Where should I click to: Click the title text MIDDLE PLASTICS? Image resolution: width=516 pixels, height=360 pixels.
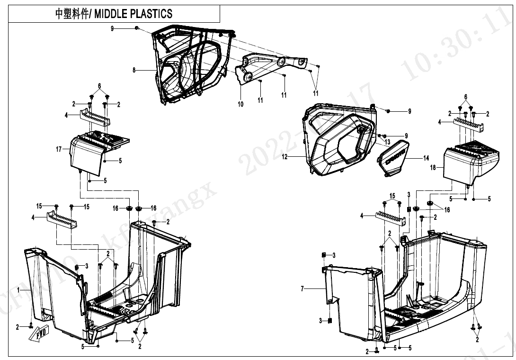click(x=134, y=14)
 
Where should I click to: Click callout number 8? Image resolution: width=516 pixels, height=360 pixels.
click(x=134, y=70)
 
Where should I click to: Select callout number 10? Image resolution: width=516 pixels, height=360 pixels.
click(x=240, y=104)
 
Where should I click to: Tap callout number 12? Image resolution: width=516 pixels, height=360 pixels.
click(x=285, y=157)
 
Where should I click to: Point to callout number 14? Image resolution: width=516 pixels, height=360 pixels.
click(x=426, y=159)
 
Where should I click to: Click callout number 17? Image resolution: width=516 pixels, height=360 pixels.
click(x=58, y=149)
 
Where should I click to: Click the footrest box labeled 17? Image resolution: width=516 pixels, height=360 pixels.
click(x=88, y=154)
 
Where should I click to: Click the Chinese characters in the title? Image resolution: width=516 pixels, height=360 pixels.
click(x=73, y=14)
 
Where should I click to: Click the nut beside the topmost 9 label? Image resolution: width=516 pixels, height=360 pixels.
click(x=136, y=29)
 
